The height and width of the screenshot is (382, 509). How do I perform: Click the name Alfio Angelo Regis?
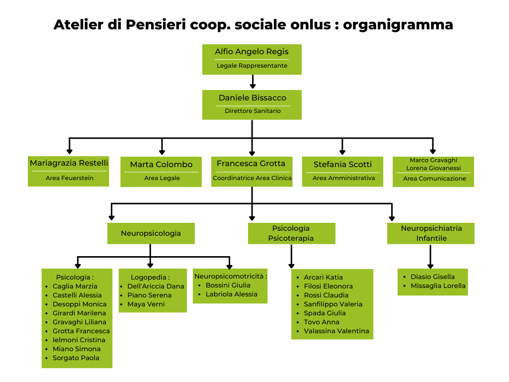tap(252, 52)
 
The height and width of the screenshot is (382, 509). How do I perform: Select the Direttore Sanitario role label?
tap(253, 111)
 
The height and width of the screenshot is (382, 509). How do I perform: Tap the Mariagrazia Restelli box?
tap(69, 172)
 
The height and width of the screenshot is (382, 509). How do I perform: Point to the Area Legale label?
tap(162, 178)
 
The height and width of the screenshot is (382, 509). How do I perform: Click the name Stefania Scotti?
tap(342, 164)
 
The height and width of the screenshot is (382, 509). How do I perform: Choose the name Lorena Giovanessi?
tap(433, 168)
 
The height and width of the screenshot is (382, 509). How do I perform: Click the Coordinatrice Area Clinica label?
tap(252, 178)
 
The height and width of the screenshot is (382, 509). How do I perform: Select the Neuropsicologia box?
tap(151, 233)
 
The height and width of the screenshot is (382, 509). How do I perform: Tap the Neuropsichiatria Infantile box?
tap(431, 233)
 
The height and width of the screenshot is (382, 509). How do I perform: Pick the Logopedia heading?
tap(150, 278)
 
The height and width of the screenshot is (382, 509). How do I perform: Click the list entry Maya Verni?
tap(146, 304)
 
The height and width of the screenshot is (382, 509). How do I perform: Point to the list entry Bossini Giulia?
tap(228, 285)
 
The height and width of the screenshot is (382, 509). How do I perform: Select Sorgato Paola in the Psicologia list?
tap(76, 358)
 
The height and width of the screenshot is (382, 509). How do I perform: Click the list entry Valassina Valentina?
tap(337, 331)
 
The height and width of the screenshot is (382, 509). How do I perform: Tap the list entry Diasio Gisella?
tap(432, 277)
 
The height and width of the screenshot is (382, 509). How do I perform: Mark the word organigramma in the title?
tap(398, 25)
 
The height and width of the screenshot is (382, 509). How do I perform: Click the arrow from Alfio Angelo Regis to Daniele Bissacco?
tap(253, 82)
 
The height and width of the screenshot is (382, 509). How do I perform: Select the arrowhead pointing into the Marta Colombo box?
tap(162, 152)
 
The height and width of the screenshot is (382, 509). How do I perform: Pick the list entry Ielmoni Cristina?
tap(79, 340)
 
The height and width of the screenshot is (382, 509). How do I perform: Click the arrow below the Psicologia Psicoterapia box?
tap(291, 256)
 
